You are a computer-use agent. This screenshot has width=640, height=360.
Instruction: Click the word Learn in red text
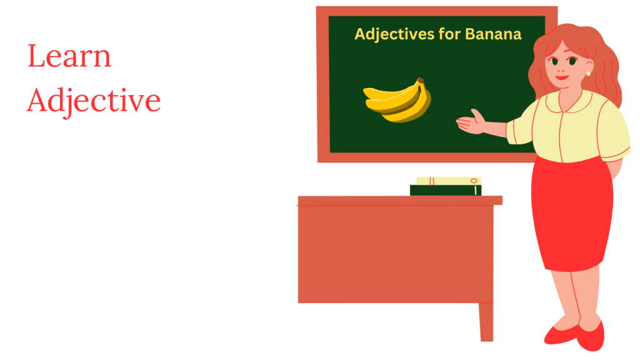coord(69,57)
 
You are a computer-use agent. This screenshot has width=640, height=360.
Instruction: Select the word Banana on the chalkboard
coord(493,34)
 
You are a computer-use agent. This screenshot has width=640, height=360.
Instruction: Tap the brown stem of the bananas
coord(421,81)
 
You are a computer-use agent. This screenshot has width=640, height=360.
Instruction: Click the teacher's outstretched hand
coord(472,122)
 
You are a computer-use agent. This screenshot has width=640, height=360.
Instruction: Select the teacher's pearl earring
coord(588,74)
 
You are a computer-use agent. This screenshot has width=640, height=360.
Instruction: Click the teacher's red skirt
coord(572,212)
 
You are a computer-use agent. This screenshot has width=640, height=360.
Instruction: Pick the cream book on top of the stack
coord(449,181)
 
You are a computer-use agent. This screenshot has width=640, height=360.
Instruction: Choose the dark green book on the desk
coord(446,190)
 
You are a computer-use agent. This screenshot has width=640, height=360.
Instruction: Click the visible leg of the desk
coord(486,322)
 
